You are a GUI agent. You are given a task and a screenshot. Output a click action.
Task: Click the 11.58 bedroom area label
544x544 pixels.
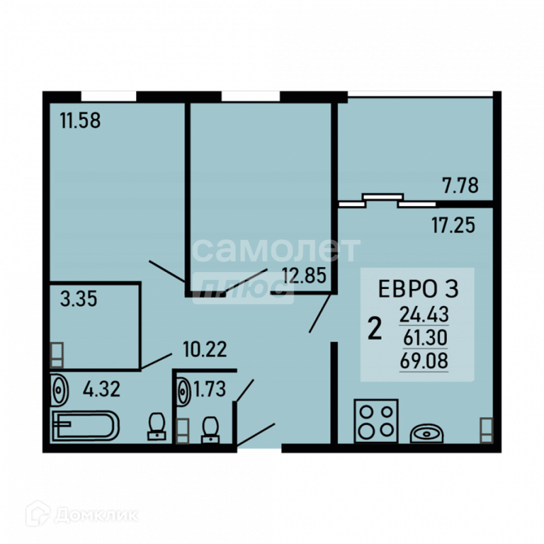coord(80,122)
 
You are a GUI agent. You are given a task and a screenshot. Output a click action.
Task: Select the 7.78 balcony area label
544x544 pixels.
coord(460,185)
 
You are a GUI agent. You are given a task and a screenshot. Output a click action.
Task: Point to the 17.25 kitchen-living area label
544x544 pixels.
coord(452,224)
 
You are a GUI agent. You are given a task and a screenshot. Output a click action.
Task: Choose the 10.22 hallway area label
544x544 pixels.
coord(204,350)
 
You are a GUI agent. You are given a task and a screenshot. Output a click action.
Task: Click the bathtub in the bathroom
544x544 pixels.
coord(85,426)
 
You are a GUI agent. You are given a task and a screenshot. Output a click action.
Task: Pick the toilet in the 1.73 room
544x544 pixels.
coord(210,429)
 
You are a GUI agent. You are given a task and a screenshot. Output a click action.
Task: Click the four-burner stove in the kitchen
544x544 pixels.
coord(375,422)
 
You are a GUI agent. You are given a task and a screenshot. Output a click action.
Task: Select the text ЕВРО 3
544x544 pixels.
coord(418,289)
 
